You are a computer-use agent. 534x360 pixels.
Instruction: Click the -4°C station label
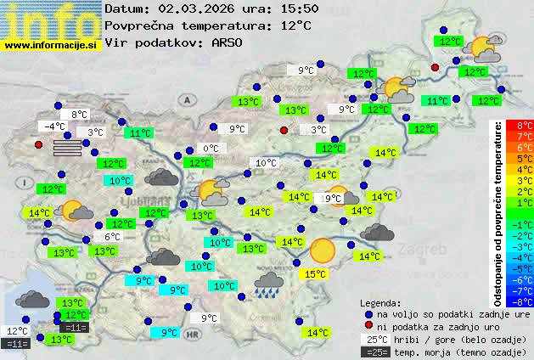tap(54, 127)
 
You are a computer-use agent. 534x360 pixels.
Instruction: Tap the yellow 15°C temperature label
tap(315, 274)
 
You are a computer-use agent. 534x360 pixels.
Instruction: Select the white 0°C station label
tap(210, 149)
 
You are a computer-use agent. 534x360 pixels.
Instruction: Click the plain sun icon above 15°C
tap(322, 250)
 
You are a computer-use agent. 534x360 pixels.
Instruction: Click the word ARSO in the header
tap(231, 42)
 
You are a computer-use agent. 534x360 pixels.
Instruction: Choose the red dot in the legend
tap(368, 326)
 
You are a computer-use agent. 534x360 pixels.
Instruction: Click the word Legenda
tap(380, 302)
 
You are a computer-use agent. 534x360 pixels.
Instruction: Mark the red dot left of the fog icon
tap(38, 144)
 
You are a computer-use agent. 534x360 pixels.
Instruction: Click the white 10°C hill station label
tap(266, 163)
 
